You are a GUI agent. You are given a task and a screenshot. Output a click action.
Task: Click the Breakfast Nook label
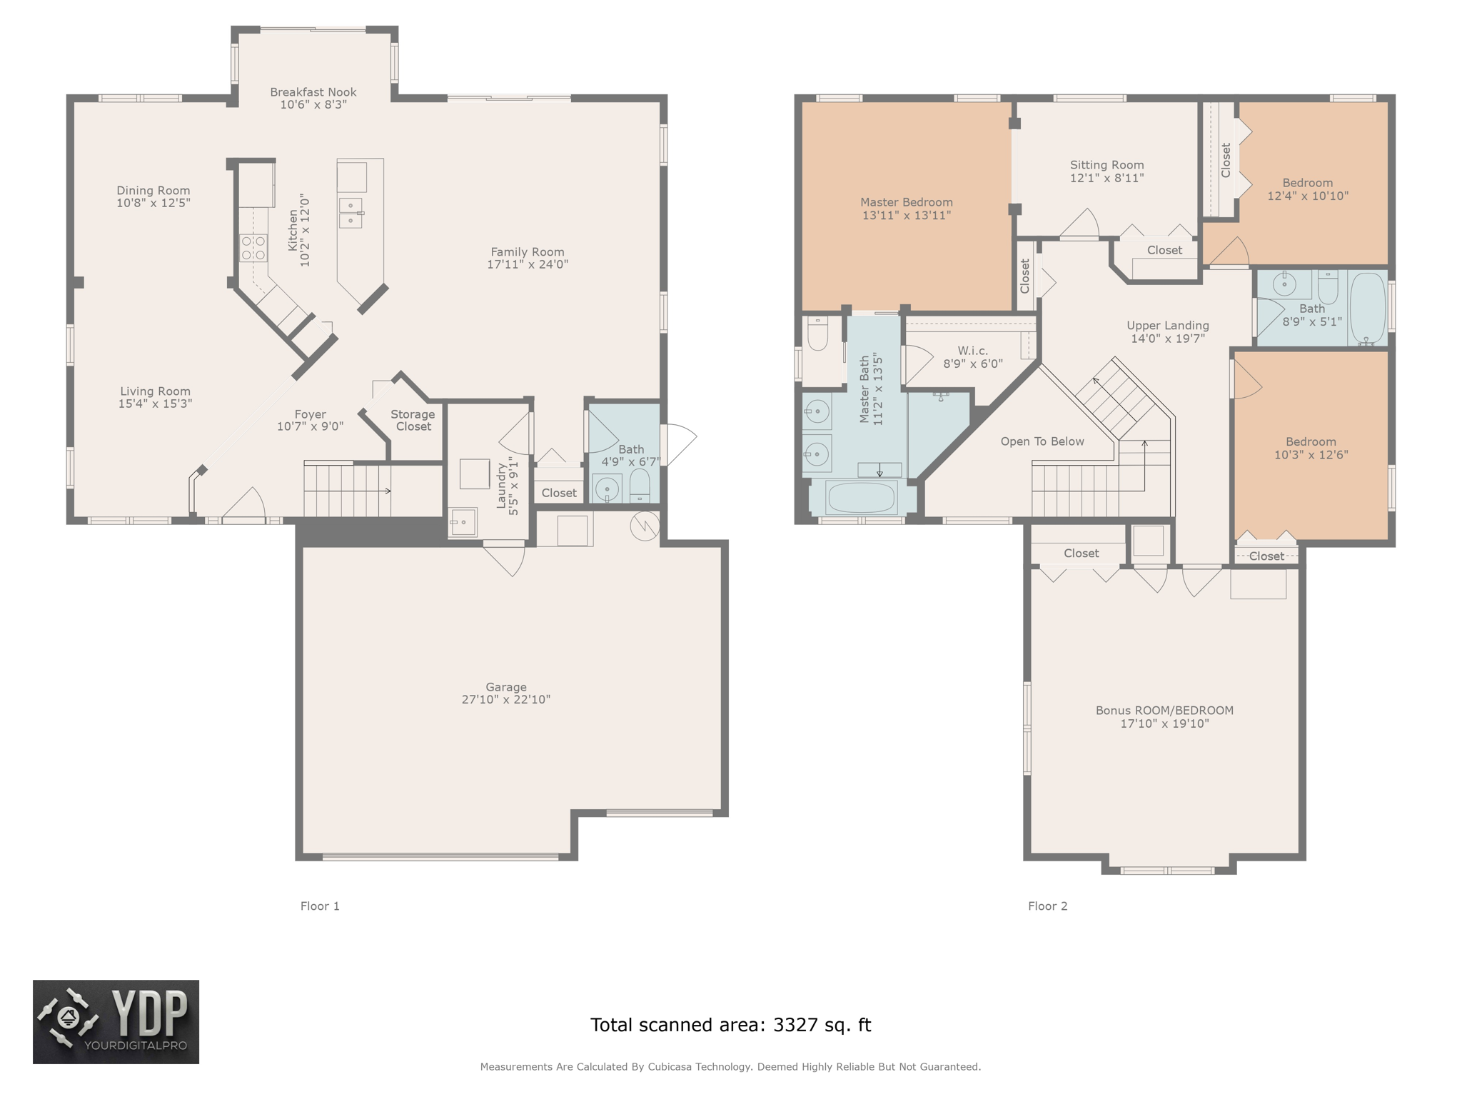pos(313,92)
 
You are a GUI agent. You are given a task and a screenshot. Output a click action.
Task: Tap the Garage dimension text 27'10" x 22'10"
pos(505,700)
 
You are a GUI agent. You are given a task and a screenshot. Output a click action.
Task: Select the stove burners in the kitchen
pos(253,248)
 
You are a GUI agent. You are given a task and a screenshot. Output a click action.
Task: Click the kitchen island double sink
pos(351,212)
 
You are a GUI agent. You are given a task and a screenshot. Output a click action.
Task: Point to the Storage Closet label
pos(413,420)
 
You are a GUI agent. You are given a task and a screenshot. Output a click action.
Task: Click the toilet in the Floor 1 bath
pos(640,485)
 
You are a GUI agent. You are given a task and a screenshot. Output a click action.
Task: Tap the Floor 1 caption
pos(320,906)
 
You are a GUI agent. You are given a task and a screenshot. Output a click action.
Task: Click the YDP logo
pos(116,1022)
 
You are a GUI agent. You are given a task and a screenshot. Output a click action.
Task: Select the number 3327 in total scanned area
pos(795,1025)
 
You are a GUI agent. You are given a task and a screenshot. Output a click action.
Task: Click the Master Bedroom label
pos(906,202)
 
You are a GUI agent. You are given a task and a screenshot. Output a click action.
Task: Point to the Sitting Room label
pos(1106,165)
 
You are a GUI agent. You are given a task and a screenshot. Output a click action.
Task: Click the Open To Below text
pos(1042,441)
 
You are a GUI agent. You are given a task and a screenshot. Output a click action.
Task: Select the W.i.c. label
pos(972,351)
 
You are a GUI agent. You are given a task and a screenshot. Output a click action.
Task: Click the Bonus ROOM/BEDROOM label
pos(1164,711)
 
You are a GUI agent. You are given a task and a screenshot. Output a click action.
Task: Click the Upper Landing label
pos(1167,326)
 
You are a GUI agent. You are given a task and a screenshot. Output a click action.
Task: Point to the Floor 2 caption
pos(1047,906)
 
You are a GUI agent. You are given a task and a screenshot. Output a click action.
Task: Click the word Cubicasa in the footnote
pos(671,1067)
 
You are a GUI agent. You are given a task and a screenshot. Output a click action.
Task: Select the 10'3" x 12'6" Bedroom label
pos(1311,442)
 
